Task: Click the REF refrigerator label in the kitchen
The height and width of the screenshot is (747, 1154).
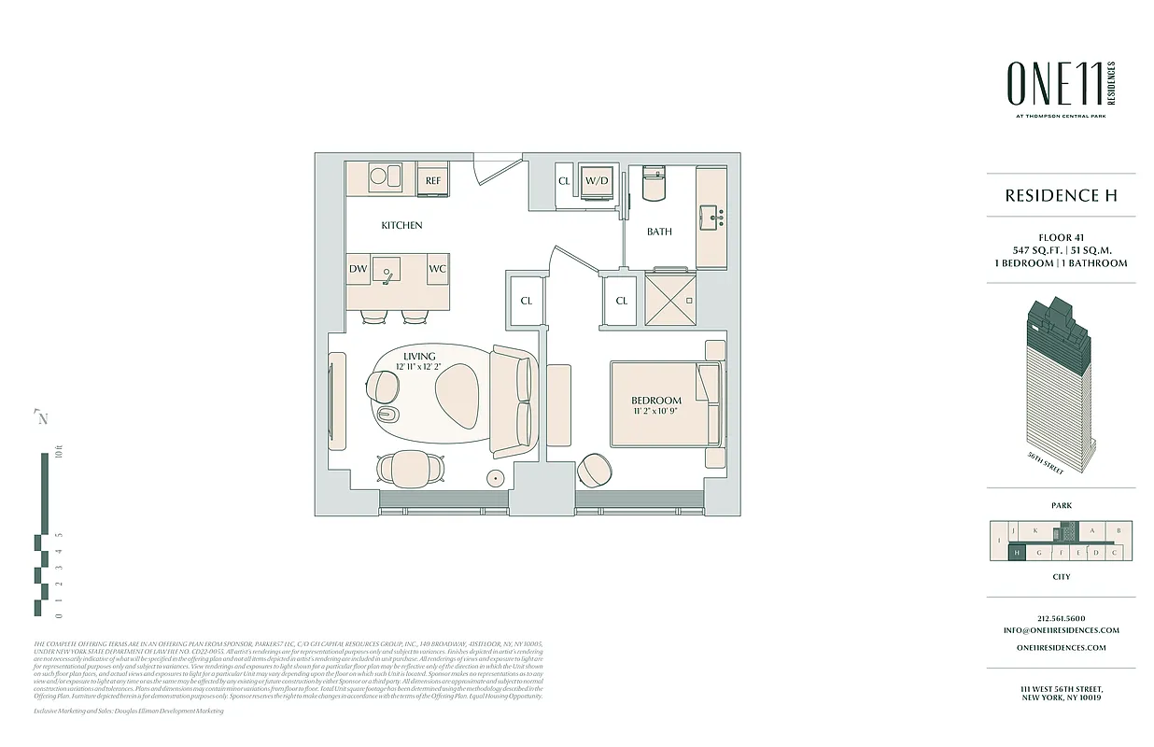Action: click(x=433, y=180)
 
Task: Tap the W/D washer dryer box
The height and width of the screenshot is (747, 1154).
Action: click(x=597, y=180)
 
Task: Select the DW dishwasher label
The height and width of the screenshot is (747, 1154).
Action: click(x=359, y=269)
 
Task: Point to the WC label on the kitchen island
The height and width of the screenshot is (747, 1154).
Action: click(x=437, y=269)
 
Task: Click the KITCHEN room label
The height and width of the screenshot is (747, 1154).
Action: click(x=401, y=225)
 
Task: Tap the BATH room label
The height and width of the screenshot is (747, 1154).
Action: click(x=660, y=232)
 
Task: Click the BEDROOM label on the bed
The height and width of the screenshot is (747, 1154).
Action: click(x=656, y=401)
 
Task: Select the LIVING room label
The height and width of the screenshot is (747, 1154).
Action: click(x=420, y=357)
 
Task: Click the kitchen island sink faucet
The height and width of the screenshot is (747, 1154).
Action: click(x=386, y=274)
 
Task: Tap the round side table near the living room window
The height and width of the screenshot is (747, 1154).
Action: click(x=496, y=478)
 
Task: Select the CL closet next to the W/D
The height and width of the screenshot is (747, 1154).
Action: click(x=564, y=180)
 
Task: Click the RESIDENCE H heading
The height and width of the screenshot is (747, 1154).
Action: click(x=1061, y=195)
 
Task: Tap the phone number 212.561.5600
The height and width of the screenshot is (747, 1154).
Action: click(x=1061, y=618)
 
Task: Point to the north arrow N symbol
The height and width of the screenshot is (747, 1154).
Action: click(x=41, y=417)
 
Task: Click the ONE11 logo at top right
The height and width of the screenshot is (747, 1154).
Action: click(x=1052, y=83)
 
